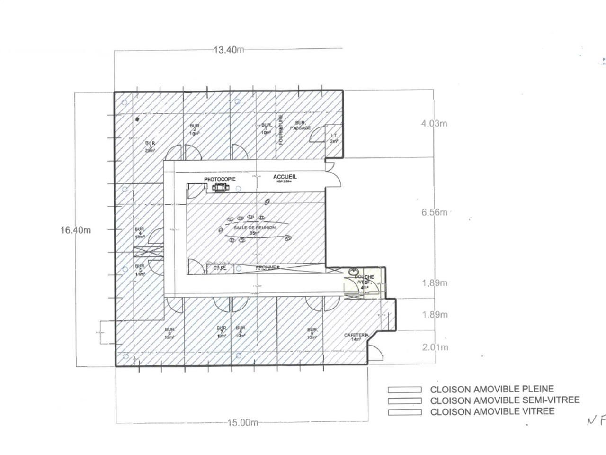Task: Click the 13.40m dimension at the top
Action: point(228,49)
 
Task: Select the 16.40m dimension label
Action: point(75,230)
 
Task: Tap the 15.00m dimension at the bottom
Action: point(242,422)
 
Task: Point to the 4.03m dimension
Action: point(434,124)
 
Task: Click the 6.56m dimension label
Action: point(434,212)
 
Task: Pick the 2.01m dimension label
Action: point(435,347)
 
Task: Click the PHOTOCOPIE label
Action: point(219,179)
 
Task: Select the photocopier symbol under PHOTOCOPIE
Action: point(220,188)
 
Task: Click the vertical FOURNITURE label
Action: point(280,129)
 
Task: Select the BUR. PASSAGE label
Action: point(300,125)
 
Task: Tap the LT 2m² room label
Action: point(334,138)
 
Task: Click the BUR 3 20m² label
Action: point(150,146)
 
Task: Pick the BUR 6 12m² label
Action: point(169,333)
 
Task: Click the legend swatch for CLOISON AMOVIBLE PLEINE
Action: point(404,390)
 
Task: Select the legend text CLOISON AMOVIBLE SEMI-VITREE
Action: point(505,400)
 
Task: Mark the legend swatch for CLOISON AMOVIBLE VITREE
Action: point(404,412)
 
